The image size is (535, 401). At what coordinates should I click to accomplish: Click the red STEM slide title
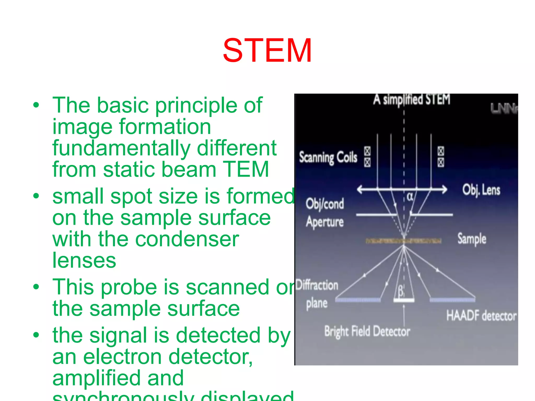[267, 50]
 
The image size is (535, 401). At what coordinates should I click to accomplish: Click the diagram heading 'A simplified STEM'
[412, 100]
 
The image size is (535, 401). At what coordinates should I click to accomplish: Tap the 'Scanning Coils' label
[328, 157]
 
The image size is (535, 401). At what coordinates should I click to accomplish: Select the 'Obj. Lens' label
[481, 190]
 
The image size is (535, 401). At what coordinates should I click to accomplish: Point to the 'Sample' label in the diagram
[472, 239]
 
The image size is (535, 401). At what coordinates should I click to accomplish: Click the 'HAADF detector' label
[481, 316]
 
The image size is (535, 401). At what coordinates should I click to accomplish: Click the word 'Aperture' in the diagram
[325, 222]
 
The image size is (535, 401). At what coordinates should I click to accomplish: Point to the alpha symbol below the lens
[410, 197]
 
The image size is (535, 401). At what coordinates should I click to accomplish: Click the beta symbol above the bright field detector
[400, 291]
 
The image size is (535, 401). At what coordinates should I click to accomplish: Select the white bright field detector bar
[404, 300]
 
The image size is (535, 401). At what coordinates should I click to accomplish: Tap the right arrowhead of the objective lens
[444, 189]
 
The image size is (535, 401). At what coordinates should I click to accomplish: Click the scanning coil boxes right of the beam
[441, 157]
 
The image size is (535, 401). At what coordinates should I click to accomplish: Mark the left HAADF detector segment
[358, 300]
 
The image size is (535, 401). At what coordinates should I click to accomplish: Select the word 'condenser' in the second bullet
[187, 239]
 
